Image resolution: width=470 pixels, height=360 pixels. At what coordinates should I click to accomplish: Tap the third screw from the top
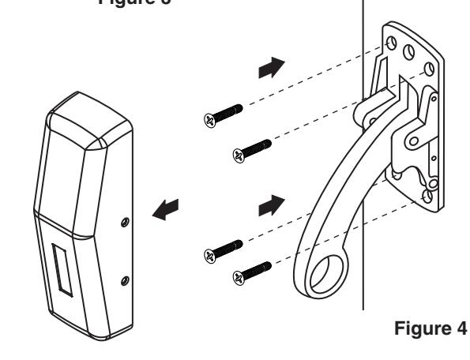pyautogui.click(x=224, y=248)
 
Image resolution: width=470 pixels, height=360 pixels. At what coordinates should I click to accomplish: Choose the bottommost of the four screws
pyautogui.click(x=252, y=270)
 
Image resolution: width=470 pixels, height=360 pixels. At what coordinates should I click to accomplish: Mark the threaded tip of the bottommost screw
pyautogui.click(x=269, y=264)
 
